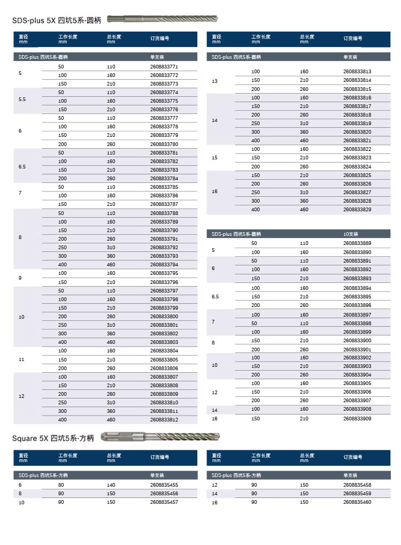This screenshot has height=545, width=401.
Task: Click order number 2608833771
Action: (x=164, y=67)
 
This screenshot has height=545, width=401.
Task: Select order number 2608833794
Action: (x=164, y=265)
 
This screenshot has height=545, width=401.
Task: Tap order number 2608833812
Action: (x=164, y=420)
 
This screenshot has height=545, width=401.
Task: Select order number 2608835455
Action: (x=164, y=485)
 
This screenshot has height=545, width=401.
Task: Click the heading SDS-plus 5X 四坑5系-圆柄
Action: (x=57, y=20)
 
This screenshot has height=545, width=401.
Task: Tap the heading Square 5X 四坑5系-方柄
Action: (x=53, y=439)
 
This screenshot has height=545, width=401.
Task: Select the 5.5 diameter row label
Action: (x=22, y=100)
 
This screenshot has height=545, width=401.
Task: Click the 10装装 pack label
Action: (x=351, y=234)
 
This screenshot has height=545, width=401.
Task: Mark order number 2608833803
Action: (x=164, y=342)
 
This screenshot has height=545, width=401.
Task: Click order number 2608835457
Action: (x=164, y=502)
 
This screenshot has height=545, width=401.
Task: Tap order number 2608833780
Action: (x=164, y=144)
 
